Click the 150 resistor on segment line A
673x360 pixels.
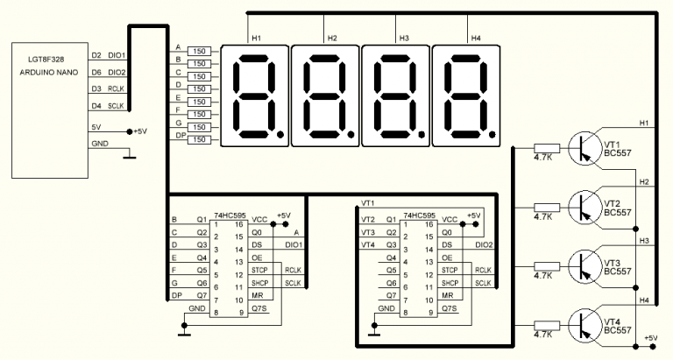pos(199,51)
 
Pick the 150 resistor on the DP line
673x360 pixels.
pos(199,140)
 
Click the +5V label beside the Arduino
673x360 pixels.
pos(145,131)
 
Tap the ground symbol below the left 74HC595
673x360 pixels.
pos(184,332)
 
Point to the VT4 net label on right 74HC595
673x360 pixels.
pos(368,245)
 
